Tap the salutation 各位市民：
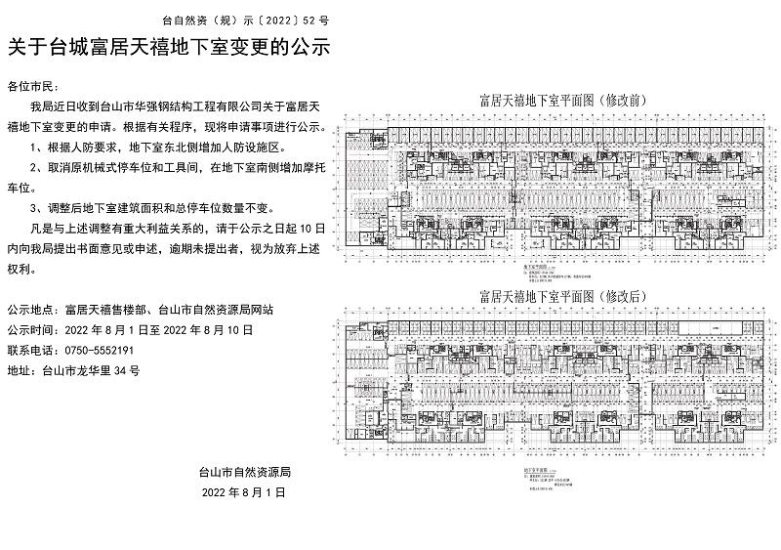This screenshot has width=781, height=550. point(33,88)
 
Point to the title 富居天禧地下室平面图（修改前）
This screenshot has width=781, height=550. point(556,101)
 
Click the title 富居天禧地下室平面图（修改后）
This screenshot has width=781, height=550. point(556,295)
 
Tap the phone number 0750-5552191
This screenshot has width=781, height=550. point(99,350)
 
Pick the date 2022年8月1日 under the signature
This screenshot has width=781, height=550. point(244,494)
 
